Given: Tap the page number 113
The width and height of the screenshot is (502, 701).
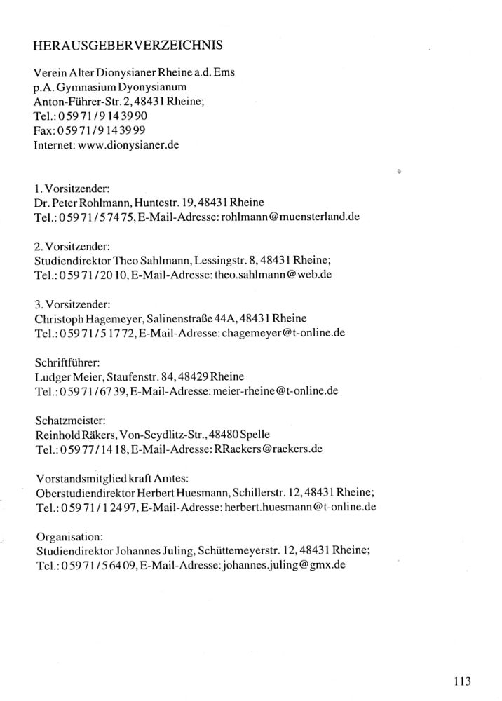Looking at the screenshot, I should pos(462,681).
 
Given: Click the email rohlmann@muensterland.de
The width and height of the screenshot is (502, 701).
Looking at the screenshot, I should pos(290,217).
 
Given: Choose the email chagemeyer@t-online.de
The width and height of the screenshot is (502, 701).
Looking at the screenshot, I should pos(283,333).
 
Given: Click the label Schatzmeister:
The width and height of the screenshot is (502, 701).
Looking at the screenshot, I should pos(68,420).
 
